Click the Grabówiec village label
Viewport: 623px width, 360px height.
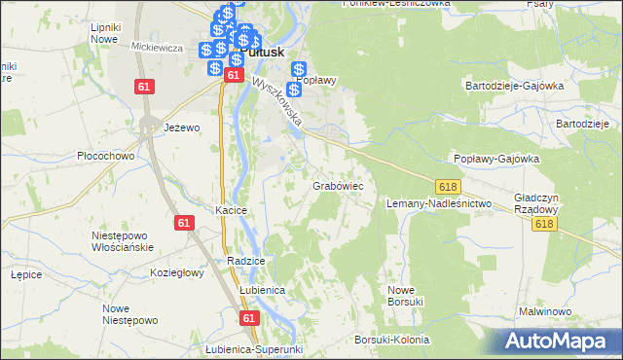(338, 184)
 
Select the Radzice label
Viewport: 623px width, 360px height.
(246, 261)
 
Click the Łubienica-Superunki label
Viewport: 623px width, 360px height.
(256, 349)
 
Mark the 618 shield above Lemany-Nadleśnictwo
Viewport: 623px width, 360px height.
(449, 186)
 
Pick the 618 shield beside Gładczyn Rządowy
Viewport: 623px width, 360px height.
(544, 224)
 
